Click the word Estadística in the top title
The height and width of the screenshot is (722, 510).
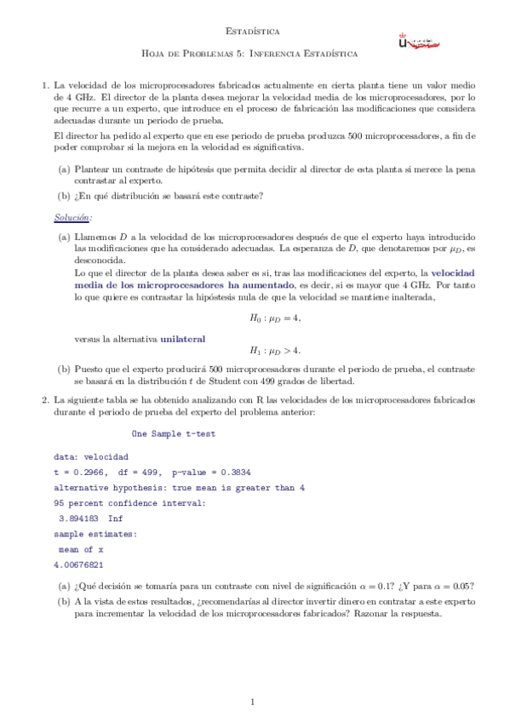254,31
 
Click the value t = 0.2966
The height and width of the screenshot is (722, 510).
82,472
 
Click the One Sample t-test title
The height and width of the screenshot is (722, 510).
174,433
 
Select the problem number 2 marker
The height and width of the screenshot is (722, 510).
45,398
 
